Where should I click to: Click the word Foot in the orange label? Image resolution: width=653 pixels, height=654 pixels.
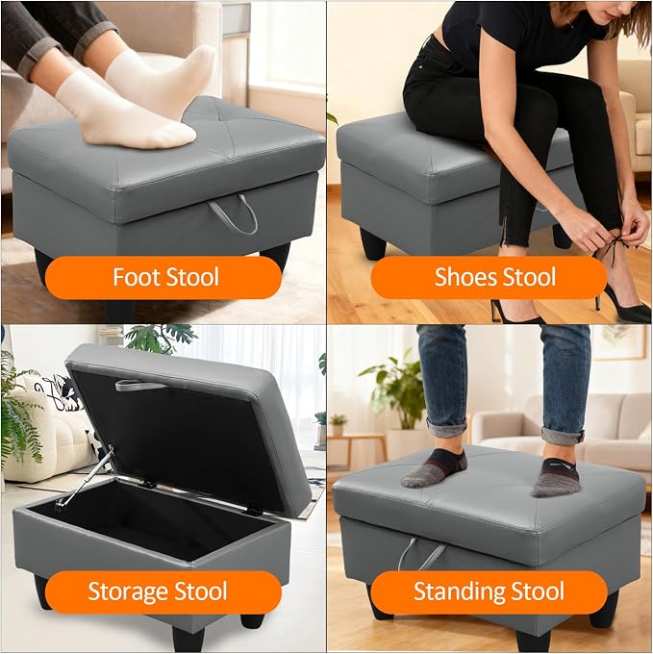click(x=137, y=277)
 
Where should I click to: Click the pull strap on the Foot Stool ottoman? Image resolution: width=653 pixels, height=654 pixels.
click(x=234, y=217)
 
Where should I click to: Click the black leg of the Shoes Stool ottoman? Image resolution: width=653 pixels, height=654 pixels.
click(x=373, y=243)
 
